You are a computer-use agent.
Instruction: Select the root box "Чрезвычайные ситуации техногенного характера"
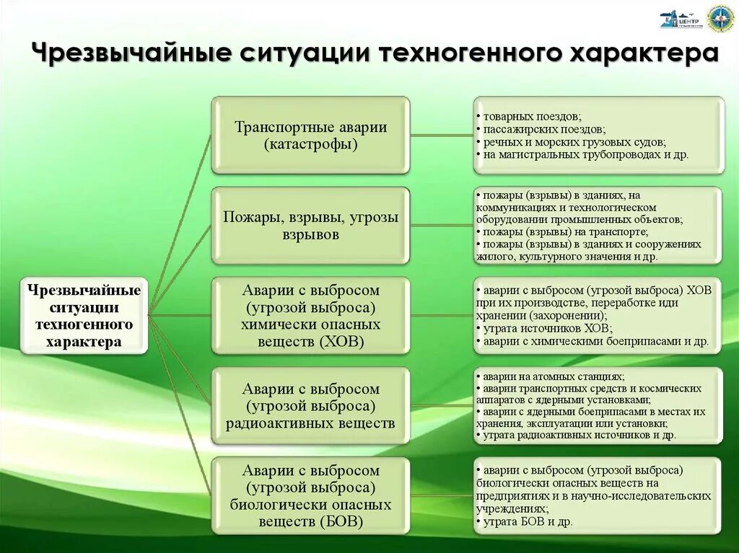[84, 316]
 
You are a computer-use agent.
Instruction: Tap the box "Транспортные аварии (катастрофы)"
[310, 136]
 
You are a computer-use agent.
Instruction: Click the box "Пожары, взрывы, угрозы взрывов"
[310, 225]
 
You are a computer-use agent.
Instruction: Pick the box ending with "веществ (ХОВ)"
[310, 316]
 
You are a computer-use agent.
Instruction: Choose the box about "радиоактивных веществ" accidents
[310, 406]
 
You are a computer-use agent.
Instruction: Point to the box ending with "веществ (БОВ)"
[310, 495]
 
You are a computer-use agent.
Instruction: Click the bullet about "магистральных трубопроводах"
[585, 155]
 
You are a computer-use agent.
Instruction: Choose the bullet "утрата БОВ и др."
[528, 521]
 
